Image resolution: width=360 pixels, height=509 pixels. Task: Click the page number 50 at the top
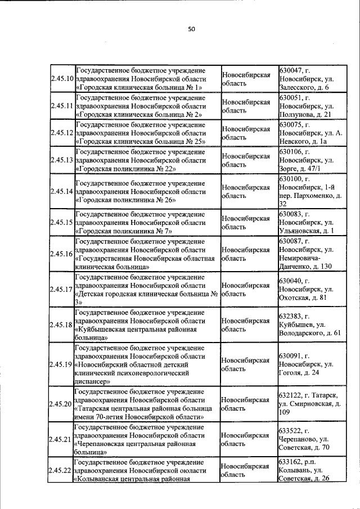click(x=191, y=30)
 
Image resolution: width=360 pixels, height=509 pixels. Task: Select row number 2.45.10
click(x=62, y=78)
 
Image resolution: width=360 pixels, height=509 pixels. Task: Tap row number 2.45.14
click(x=62, y=191)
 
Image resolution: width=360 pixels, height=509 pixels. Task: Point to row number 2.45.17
click(x=62, y=289)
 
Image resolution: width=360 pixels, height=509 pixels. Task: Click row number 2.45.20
click(x=62, y=404)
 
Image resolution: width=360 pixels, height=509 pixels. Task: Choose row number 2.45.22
click(x=62, y=470)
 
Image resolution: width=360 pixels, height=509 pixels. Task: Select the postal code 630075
click(x=291, y=124)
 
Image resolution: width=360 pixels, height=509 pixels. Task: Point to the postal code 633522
click(x=291, y=431)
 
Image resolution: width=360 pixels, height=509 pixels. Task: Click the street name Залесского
click(x=300, y=87)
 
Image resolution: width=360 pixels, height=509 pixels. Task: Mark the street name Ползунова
click(x=300, y=115)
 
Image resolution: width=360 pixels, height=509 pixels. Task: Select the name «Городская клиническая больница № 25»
click(x=140, y=142)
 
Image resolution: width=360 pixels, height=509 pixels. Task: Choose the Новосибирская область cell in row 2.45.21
click(x=245, y=439)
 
